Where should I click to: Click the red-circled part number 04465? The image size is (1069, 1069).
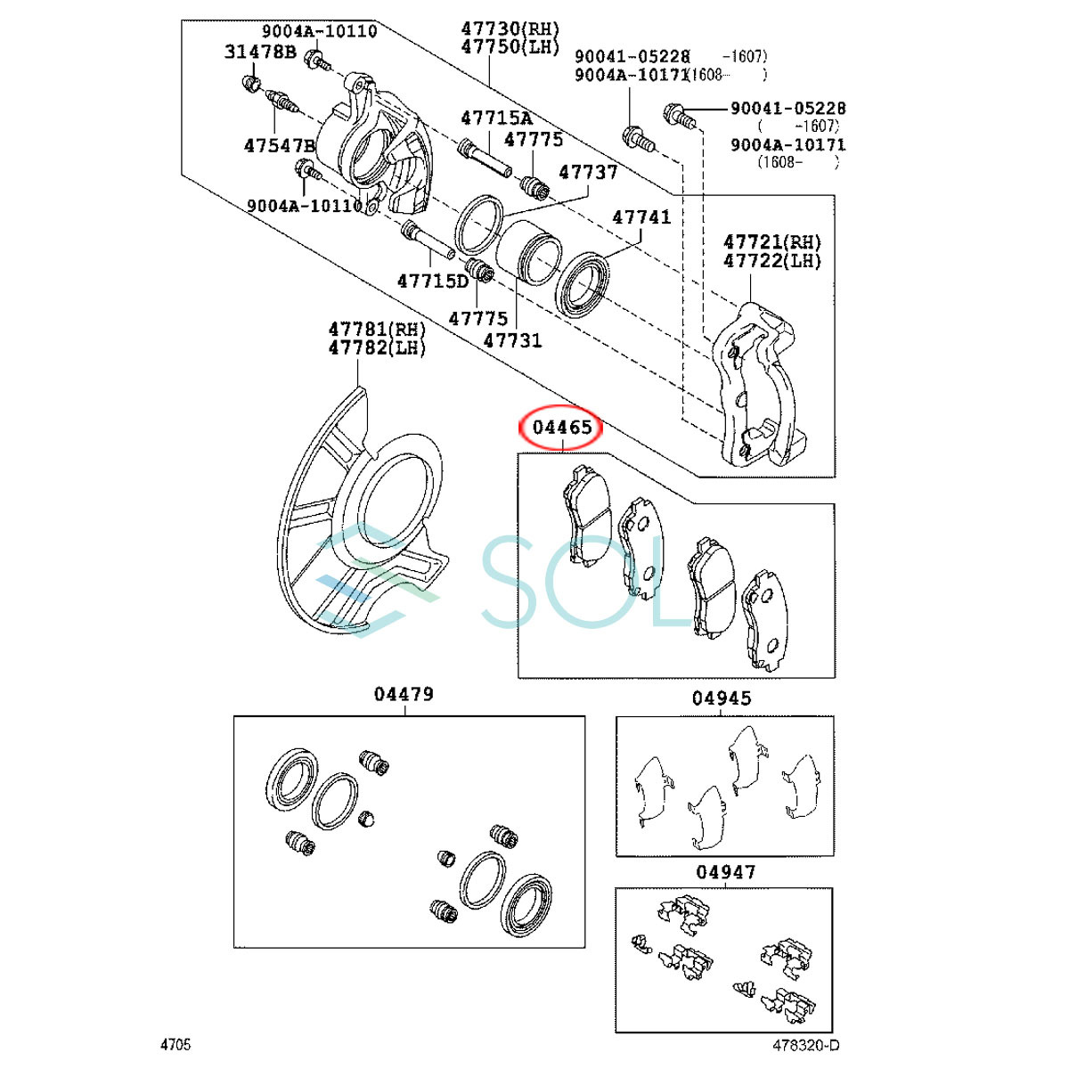(562, 428)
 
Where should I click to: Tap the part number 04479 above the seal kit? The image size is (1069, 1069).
(404, 694)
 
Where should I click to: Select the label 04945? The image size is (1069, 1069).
(722, 699)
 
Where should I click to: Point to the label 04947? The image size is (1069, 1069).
(725, 872)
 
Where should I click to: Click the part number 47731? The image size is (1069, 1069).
(512, 340)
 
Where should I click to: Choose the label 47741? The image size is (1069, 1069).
(641, 217)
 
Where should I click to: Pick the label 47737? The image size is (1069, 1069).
(588, 172)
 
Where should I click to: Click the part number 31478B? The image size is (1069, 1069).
(260, 52)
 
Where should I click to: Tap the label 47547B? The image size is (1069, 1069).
(280, 145)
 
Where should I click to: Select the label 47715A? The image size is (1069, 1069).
(496, 118)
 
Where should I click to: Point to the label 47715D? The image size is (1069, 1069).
(433, 282)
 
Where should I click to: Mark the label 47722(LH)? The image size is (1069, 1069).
(772, 261)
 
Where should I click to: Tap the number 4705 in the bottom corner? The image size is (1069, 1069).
(175, 1045)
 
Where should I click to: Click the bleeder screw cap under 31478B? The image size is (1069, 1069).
(250, 85)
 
